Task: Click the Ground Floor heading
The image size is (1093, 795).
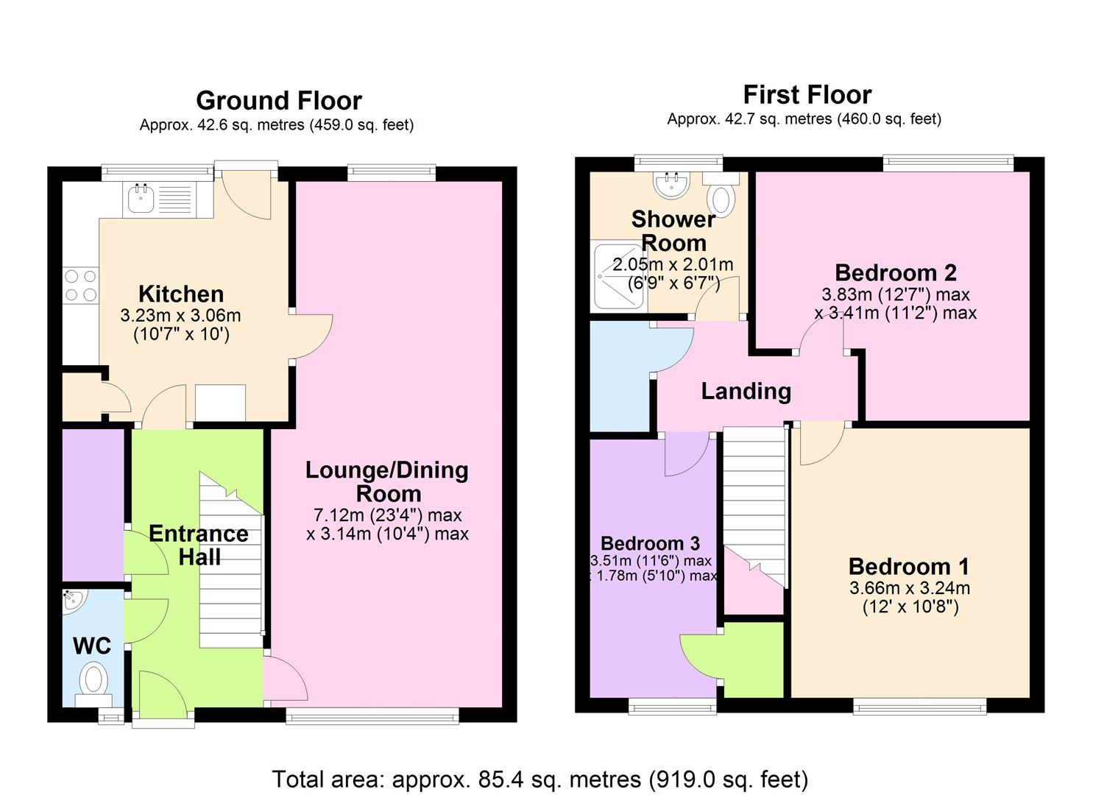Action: coord(279,101)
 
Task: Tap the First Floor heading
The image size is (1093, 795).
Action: coord(807,95)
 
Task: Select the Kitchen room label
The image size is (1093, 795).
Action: coord(181,294)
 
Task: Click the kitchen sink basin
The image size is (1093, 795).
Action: coord(141,199)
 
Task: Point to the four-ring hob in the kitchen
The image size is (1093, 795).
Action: coord(81,286)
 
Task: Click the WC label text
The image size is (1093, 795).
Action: coord(92,646)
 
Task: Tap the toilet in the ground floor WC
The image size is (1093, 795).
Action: coord(93,683)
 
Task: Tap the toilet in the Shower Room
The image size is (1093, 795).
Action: coord(721,196)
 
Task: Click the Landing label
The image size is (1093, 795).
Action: coord(746,392)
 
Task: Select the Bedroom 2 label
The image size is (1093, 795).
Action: coord(896,273)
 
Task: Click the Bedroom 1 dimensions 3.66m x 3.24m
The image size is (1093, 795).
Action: coord(910,587)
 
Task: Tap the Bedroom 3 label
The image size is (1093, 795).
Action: coord(650,543)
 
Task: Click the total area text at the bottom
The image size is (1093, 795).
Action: coord(540,780)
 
